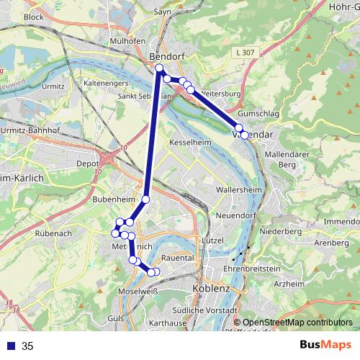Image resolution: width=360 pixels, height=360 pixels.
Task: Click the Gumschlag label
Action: [x=258, y=114]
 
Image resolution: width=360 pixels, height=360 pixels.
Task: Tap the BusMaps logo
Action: [x=321, y=346]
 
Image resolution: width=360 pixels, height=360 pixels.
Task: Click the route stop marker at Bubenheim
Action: [x=145, y=199]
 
